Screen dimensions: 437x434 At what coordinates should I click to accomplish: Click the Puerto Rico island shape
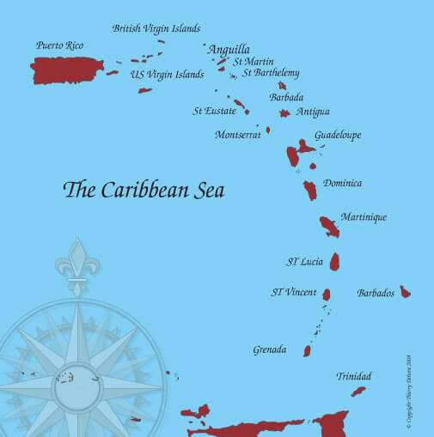67,70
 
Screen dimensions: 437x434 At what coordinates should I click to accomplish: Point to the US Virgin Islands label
167,75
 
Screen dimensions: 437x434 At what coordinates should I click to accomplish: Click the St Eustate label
214,111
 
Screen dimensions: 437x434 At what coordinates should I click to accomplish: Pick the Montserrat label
237,135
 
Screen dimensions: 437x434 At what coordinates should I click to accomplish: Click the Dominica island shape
310,190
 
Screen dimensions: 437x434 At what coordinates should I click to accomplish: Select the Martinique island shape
329,227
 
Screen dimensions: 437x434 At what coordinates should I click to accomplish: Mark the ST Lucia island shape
336,262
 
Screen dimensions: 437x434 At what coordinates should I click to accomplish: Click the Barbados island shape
405,292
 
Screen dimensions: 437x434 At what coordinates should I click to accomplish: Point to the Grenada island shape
307,350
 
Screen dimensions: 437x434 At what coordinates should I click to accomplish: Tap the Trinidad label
354,377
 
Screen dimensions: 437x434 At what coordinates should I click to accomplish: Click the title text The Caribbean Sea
144,190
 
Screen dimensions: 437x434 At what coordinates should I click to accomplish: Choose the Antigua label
313,112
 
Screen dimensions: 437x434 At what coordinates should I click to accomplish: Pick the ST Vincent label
294,293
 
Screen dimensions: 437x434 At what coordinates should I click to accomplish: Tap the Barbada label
286,98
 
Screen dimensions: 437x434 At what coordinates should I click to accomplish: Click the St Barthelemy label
271,73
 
